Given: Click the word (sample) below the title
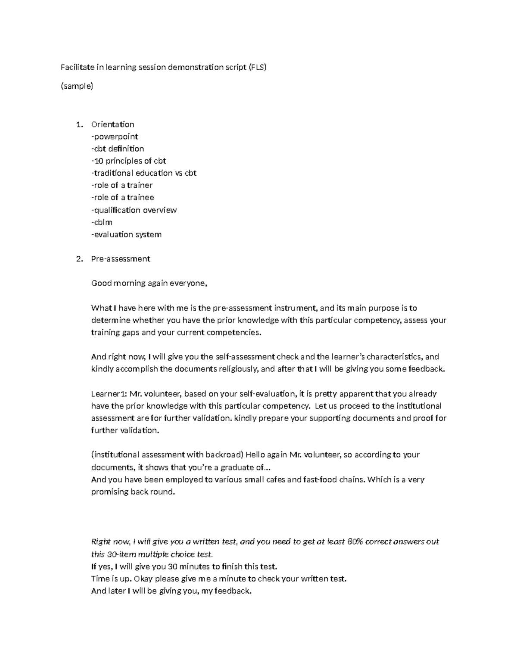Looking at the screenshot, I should pos(77,86).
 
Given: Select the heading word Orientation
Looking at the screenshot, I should pos(113,124).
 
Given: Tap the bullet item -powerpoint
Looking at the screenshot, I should pos(115,137).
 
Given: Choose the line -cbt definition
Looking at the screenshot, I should pos(118,149).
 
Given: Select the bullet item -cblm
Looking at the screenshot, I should pos(102,222).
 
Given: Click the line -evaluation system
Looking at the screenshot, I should pos(126,234).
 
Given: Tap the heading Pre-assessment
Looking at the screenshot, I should pos(121,259).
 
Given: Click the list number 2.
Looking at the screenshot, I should pos(78,259).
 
